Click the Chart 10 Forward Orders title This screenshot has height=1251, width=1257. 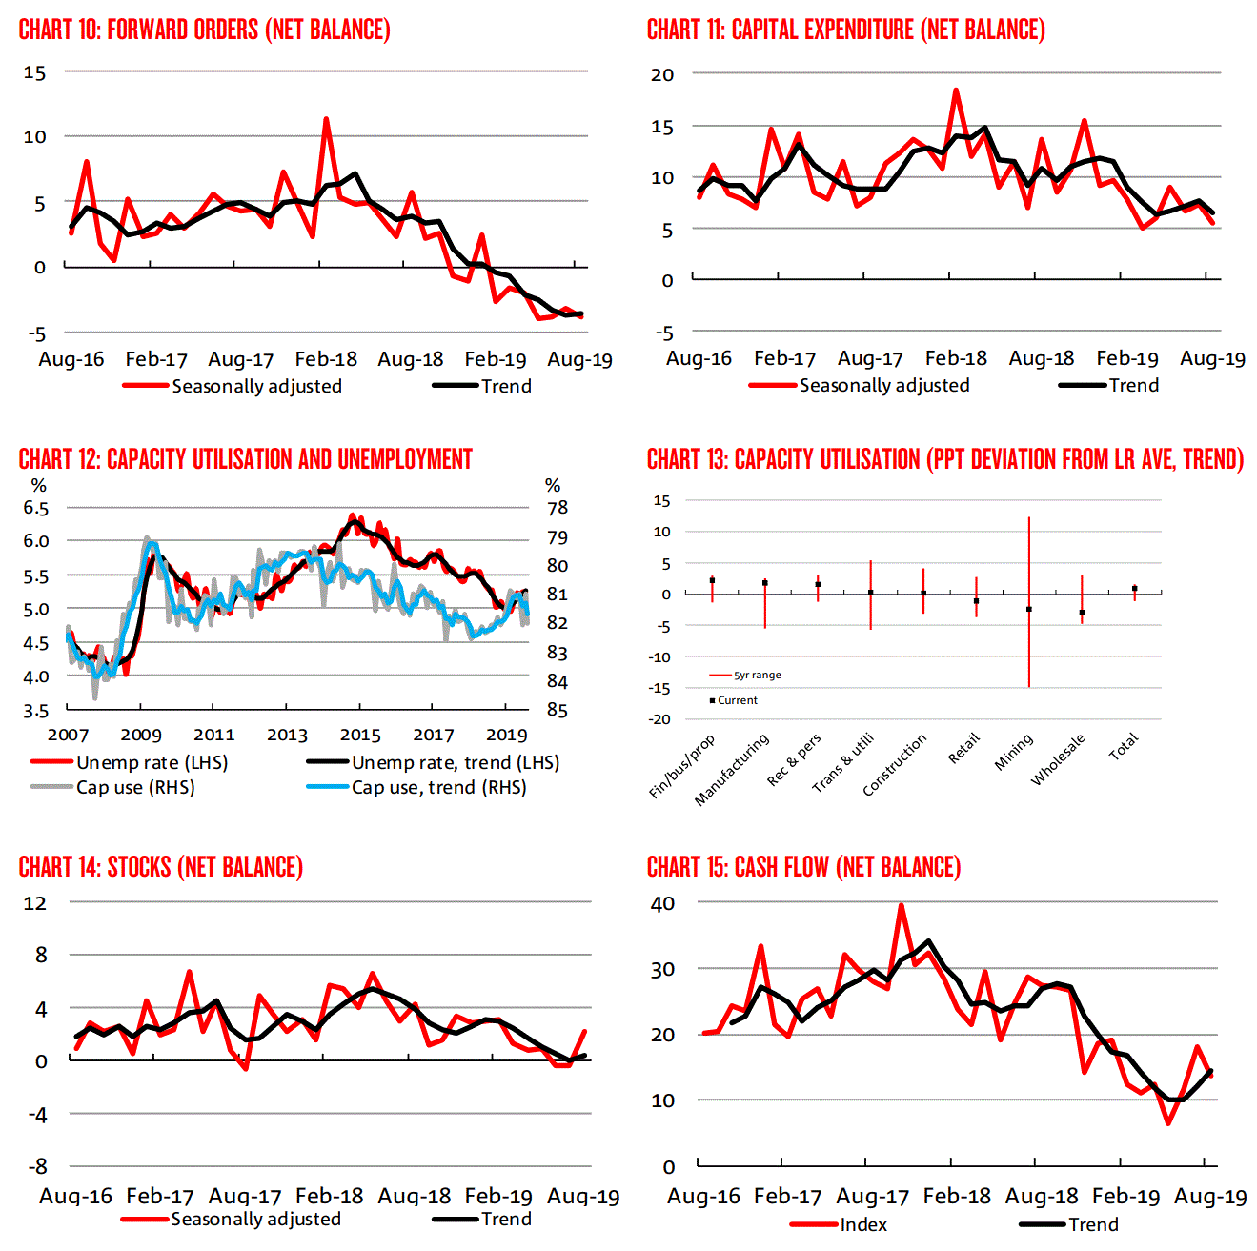tap(204, 30)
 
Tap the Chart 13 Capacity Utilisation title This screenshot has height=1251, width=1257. tap(944, 459)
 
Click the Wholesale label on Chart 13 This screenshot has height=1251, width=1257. tap(1058, 759)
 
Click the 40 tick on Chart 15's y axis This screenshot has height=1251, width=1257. tap(662, 903)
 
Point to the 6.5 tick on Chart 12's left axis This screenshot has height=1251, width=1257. tap(36, 508)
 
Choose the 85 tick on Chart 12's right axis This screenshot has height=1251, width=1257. tap(558, 710)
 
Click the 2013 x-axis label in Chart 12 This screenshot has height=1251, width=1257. tap(287, 735)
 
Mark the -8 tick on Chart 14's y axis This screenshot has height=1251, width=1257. tap(36, 1166)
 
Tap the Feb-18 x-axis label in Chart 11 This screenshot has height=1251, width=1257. tap(956, 358)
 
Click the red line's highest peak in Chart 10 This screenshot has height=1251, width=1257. tap(326, 119)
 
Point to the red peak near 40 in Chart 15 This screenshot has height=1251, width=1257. tap(901, 905)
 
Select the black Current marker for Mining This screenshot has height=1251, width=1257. tap(1029, 609)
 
